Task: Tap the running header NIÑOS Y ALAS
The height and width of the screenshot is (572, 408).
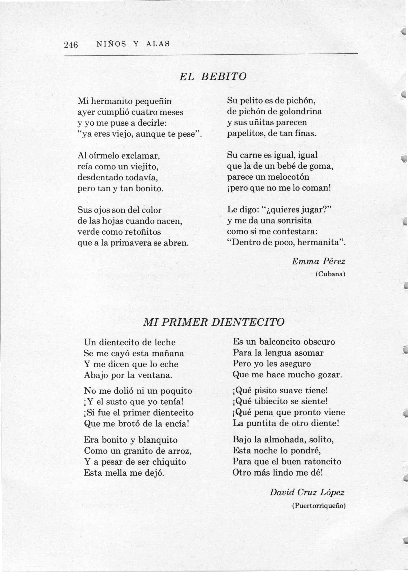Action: pos(133,44)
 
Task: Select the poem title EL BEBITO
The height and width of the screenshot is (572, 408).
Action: pos(213,77)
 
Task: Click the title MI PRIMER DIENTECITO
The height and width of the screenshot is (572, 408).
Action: pos(213,322)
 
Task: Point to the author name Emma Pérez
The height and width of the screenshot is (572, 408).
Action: pos(318,261)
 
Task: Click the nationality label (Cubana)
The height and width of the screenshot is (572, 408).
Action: pos(330,274)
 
